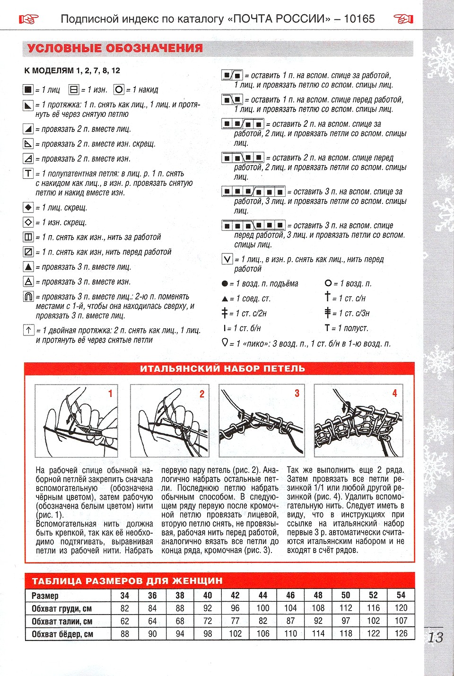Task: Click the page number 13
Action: click(435, 637)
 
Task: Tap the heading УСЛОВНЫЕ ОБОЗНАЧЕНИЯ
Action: click(115, 48)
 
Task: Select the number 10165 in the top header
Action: click(359, 19)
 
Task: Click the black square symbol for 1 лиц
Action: click(28, 89)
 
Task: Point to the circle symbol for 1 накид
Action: click(119, 89)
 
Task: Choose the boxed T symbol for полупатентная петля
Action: click(28, 174)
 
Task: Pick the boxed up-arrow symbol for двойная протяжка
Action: click(28, 330)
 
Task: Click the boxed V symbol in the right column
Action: click(227, 259)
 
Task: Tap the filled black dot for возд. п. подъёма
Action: click(225, 284)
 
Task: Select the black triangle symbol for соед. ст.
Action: click(225, 299)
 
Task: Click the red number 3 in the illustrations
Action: click(297, 393)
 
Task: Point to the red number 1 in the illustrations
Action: click(110, 393)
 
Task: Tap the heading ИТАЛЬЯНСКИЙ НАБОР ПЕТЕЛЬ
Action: click(222, 369)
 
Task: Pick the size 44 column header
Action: click(263, 595)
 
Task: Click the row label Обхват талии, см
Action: click(62, 621)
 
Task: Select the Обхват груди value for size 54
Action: click(401, 608)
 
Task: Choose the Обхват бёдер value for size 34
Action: click(125, 633)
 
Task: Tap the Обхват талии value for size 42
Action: click(235, 621)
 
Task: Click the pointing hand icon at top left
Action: click(28, 19)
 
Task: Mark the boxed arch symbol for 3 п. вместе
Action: click(28, 297)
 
